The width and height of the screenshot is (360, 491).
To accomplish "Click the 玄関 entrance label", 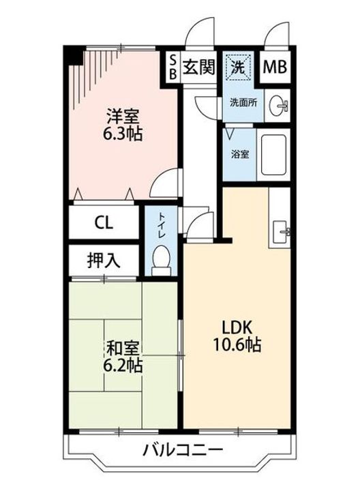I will tap(199, 68).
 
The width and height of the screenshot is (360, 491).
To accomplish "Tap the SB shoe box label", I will tap(172, 68).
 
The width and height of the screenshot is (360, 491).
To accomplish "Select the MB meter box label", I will tap(275, 68).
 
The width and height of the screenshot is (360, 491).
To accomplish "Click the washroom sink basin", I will tap(279, 106).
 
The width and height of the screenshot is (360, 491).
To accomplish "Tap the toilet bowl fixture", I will tap(161, 260).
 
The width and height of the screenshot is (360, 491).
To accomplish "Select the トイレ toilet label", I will tap(161, 226).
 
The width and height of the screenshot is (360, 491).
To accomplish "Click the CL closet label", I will tap(104, 222).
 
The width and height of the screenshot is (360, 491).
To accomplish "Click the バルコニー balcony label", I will tap(183, 451).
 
